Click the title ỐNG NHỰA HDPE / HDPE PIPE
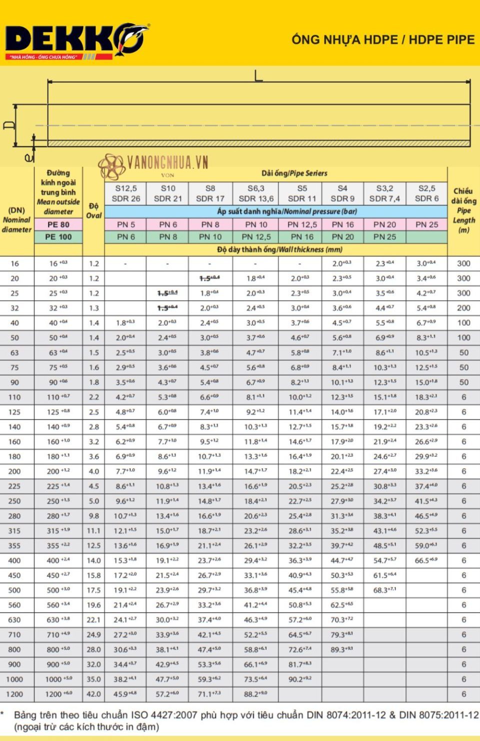pyautogui.click(x=383, y=40)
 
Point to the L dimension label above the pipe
pyautogui.click(x=258, y=76)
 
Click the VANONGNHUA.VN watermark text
pyautogui.click(x=167, y=162)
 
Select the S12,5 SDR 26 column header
pyautogui.click(x=125, y=194)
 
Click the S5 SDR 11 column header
pyautogui.click(x=302, y=194)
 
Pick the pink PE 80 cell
pyautogui.click(x=58, y=225)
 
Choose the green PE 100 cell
pyautogui.click(x=58, y=237)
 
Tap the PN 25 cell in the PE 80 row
pyautogui.click(x=426, y=225)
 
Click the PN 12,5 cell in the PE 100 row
pyautogui.click(x=256, y=237)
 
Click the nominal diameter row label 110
pyautogui.click(x=14, y=397)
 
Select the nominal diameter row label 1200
pyautogui.click(x=14, y=694)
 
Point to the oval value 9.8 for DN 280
pyautogui.click(x=93, y=516)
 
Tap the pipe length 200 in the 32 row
pyautogui.click(x=463, y=308)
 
